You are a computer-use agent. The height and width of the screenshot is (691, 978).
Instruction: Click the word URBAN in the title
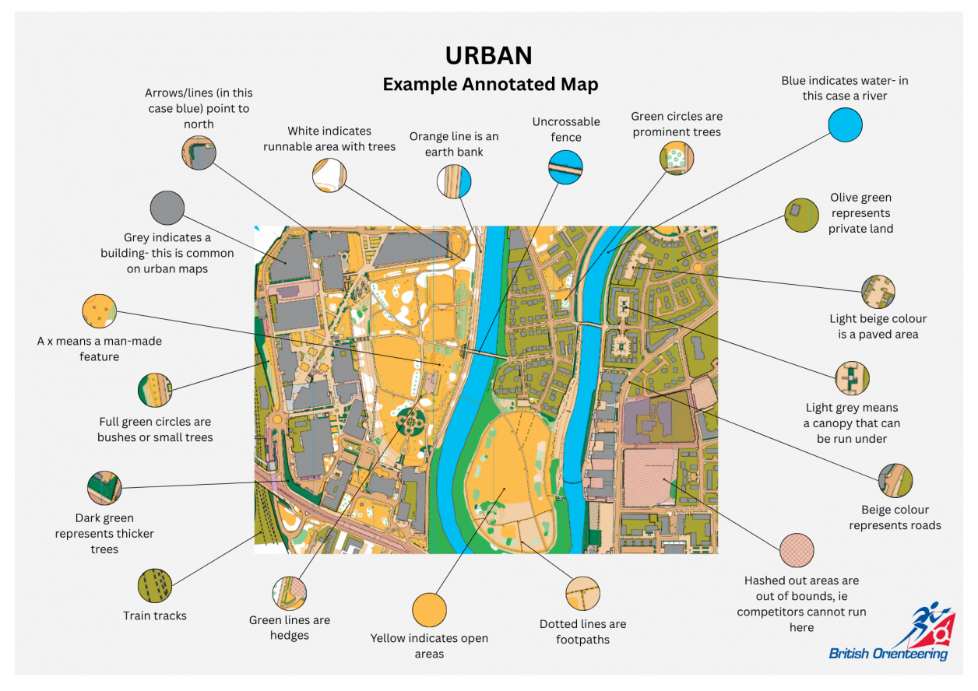(489, 55)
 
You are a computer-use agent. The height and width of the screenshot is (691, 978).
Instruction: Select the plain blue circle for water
(845, 125)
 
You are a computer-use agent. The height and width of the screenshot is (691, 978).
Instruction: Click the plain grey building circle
(167, 208)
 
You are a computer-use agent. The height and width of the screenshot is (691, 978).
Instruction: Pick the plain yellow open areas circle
(429, 610)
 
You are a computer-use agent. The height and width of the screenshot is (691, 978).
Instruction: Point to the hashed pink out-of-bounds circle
(797, 551)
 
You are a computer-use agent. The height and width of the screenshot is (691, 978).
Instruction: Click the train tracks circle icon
(154, 586)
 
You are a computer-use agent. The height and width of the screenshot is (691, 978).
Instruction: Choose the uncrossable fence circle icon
(565, 168)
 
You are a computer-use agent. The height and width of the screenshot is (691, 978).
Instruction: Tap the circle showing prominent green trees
(676, 159)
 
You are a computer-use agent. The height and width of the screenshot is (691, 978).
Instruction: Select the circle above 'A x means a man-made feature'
(99, 311)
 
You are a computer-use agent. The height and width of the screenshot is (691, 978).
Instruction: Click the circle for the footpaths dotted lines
(583, 594)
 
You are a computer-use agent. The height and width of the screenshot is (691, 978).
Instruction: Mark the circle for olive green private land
(801, 215)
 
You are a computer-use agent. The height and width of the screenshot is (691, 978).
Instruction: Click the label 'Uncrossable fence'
(566, 129)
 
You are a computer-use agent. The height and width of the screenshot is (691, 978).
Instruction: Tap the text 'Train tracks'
(155, 616)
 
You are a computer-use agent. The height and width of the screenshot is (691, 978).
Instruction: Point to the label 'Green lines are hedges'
(290, 628)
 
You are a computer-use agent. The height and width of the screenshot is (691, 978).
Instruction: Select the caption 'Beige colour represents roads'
(895, 517)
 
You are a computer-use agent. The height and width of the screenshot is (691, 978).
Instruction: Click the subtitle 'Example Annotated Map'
(490, 84)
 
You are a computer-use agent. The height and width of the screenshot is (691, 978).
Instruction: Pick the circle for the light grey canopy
(851, 378)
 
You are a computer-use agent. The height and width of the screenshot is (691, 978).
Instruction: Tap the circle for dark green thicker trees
(104, 488)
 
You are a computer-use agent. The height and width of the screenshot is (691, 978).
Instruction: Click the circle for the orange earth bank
(454, 181)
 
